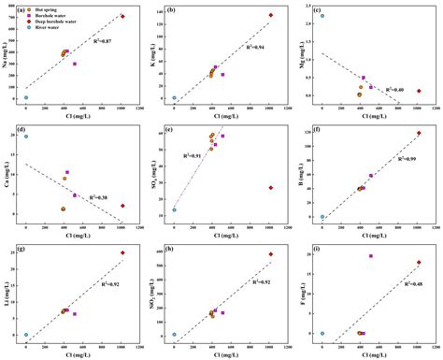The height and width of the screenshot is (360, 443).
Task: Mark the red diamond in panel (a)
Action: [x=122, y=17]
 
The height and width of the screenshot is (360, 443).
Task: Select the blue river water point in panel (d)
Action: [x=26, y=137]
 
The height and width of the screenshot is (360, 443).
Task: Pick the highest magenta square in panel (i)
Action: [x=371, y=255]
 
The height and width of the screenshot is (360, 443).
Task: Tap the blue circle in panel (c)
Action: [x=322, y=16]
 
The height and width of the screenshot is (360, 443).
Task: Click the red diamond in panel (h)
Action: [x=271, y=253]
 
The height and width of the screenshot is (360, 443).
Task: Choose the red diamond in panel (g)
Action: [x=122, y=252]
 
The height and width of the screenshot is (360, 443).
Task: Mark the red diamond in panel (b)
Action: [x=271, y=15]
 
